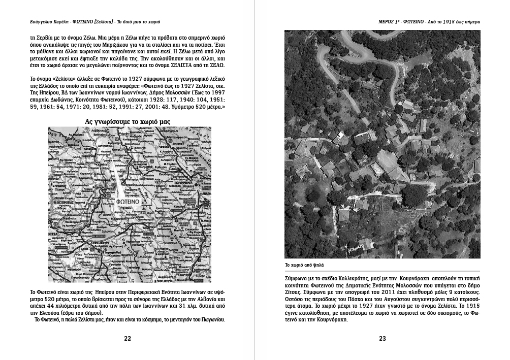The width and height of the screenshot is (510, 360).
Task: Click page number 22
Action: click(127, 339)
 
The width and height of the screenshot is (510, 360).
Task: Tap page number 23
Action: click(382, 339)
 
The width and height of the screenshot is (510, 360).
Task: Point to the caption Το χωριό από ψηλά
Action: click(304, 265)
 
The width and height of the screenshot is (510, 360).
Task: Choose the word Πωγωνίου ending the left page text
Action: click(212, 320)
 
